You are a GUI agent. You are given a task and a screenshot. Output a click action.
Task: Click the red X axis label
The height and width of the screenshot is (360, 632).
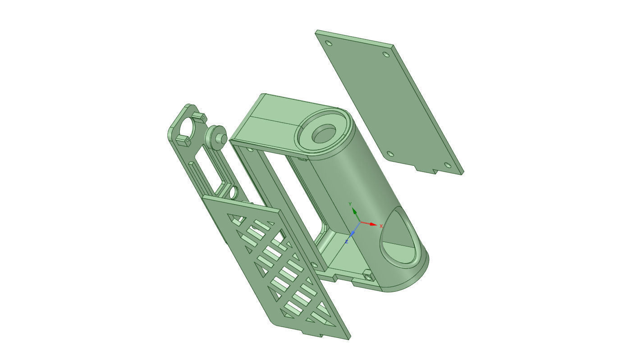381,226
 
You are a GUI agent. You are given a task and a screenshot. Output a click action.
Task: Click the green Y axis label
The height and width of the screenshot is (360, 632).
350,205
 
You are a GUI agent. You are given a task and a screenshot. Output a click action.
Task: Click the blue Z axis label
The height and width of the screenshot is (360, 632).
346,242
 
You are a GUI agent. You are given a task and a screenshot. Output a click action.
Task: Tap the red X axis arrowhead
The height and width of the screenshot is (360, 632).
373,224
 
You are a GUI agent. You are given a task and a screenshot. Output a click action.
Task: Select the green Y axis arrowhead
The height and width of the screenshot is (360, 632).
354,211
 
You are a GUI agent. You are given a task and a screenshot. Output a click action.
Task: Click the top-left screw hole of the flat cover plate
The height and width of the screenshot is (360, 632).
329,43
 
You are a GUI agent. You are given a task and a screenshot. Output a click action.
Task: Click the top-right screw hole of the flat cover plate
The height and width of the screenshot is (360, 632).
385,55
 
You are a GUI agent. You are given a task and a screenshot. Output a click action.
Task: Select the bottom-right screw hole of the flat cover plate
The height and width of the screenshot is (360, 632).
447,165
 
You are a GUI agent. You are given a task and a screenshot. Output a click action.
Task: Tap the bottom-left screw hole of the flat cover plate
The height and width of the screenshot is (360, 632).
390,154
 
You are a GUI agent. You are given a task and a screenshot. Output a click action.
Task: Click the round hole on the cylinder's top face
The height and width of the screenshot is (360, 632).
324,134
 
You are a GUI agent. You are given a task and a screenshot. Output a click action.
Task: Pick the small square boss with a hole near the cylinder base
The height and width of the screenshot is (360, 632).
368,276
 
